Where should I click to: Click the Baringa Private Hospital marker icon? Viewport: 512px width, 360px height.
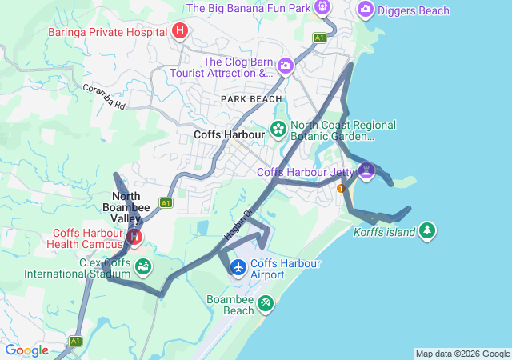pos(180,31)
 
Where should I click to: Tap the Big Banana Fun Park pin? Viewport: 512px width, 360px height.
pos(322,8)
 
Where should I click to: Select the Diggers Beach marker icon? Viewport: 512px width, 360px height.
pos(366,10)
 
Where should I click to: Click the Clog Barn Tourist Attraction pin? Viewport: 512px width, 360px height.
pos(285,66)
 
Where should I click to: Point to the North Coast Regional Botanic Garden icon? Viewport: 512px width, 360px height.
pos(278,128)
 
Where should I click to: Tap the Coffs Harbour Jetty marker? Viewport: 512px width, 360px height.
pos(366,170)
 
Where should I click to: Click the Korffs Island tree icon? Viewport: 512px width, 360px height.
pos(428,231)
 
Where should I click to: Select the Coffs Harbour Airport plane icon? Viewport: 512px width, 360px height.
pos(238,266)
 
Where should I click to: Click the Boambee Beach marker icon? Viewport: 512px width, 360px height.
pos(266,304)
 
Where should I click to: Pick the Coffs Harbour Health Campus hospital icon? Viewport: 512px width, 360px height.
pos(134,237)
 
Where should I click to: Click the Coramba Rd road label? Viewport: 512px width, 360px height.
pos(104,95)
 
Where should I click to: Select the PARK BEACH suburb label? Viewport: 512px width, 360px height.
pos(251,98)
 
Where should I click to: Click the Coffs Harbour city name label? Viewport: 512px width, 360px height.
pos(229,134)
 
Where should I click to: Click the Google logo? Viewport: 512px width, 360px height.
pos(26,350)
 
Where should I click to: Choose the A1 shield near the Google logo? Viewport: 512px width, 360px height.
pos(75,341)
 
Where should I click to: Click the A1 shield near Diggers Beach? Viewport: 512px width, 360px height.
pos(319,38)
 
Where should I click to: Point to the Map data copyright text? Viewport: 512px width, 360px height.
pos(462,354)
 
